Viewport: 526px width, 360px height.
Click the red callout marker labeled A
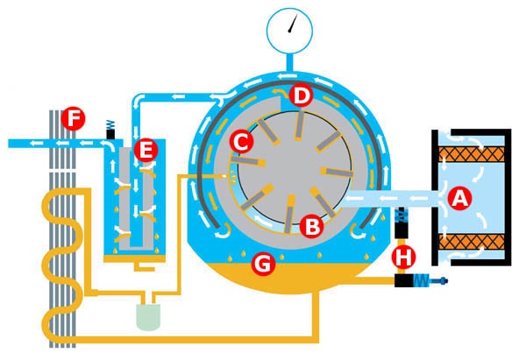pyautogui.click(x=460, y=199)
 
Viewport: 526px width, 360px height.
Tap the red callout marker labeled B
pyautogui.click(x=311, y=226)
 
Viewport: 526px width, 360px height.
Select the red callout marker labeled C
pyautogui.click(x=241, y=142)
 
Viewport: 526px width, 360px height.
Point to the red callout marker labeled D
pyautogui.click(x=302, y=95)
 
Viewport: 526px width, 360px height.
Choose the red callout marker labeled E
pyautogui.click(x=146, y=150)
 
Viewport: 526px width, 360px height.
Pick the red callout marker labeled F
pyautogui.click(x=73, y=118)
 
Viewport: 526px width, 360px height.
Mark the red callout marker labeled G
pyautogui.click(x=263, y=264)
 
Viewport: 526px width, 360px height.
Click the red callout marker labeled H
pyautogui.click(x=403, y=257)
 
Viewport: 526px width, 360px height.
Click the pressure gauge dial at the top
pyautogui.click(x=290, y=31)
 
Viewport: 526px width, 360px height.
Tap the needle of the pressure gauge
pyautogui.click(x=292, y=25)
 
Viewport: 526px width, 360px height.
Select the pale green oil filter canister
pyautogui.click(x=148, y=317)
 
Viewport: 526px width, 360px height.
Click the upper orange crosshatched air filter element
pyautogui.click(x=472, y=154)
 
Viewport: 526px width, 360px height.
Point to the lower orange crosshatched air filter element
pyautogui.click(x=472, y=242)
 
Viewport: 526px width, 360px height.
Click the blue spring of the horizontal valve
pyautogui.click(x=422, y=281)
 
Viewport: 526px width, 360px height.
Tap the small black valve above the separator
pyautogui.click(x=110, y=134)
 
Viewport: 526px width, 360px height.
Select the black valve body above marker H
pyautogui.click(x=402, y=230)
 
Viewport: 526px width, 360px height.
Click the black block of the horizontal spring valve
pyautogui.click(x=404, y=281)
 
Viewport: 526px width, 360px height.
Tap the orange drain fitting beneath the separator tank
pyautogui.click(x=144, y=267)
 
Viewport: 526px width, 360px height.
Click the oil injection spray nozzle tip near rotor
pyautogui.click(x=223, y=176)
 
